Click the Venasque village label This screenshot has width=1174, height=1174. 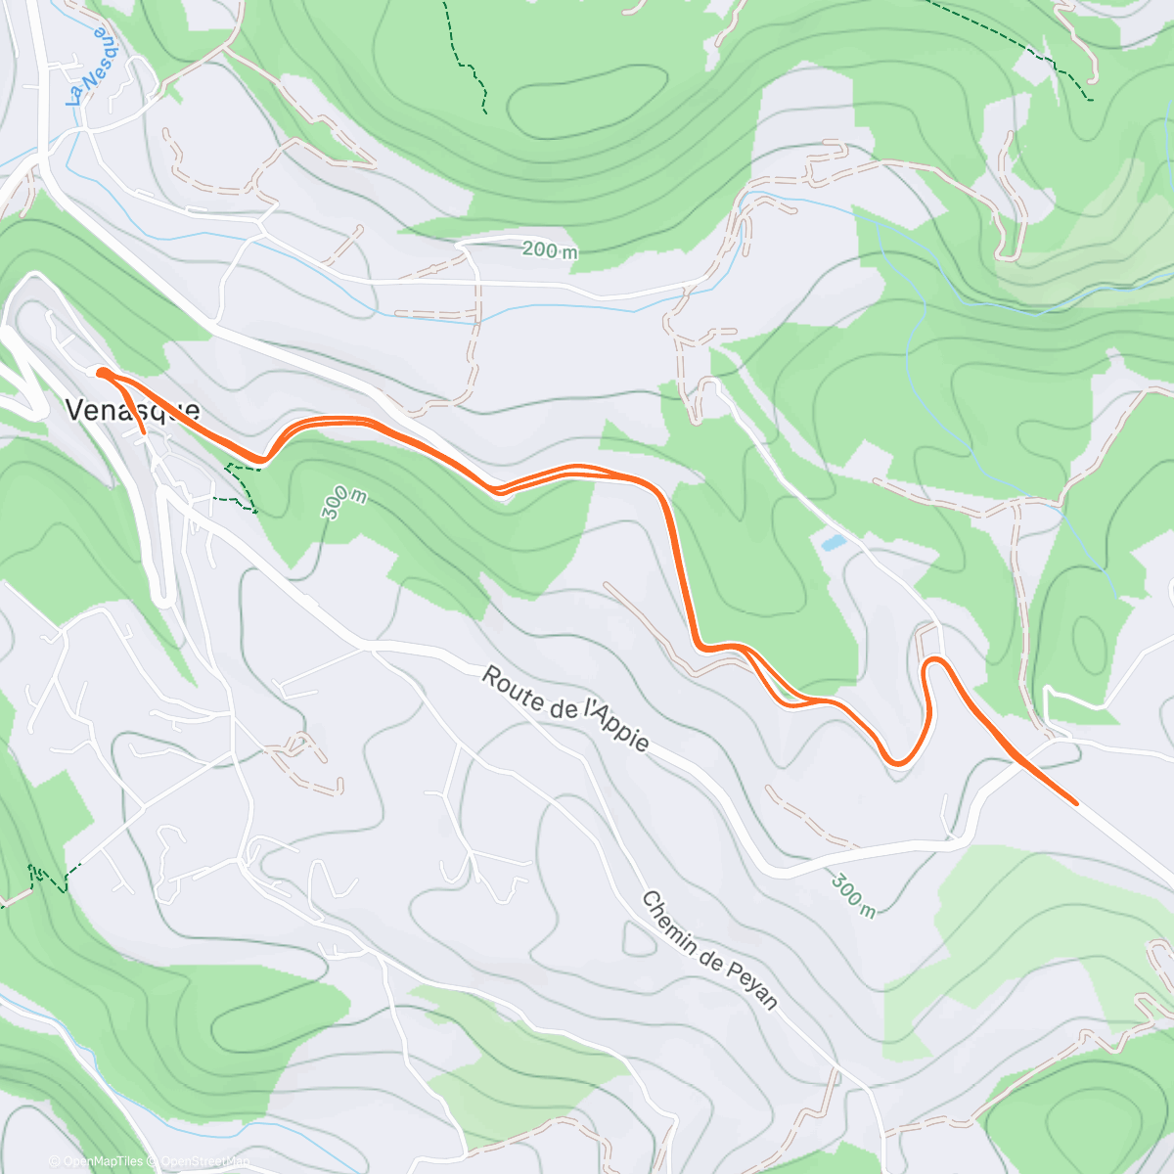[132, 410]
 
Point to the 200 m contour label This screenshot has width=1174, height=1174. [549, 250]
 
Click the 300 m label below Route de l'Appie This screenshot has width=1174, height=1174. [853, 894]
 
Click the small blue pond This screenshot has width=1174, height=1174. [833, 541]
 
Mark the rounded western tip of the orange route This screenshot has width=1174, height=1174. [101, 372]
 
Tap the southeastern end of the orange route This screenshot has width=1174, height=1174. [1075, 802]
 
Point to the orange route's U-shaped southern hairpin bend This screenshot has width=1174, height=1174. [898, 761]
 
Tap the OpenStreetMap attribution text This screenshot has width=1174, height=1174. [202, 1162]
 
